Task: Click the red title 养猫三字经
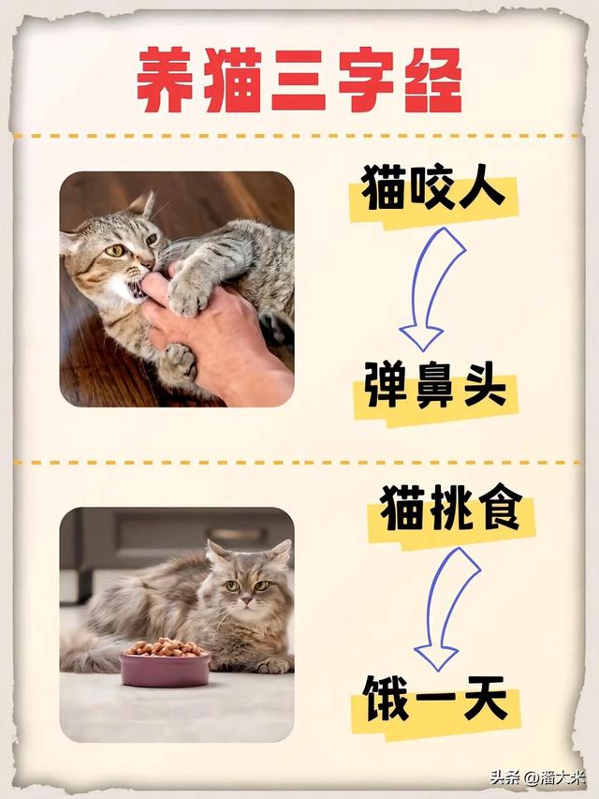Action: tap(299, 80)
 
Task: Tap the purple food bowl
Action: tap(165, 669)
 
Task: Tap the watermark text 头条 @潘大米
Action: tap(537, 777)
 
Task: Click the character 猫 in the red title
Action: tap(234, 80)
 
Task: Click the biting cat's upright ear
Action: tap(142, 204)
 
